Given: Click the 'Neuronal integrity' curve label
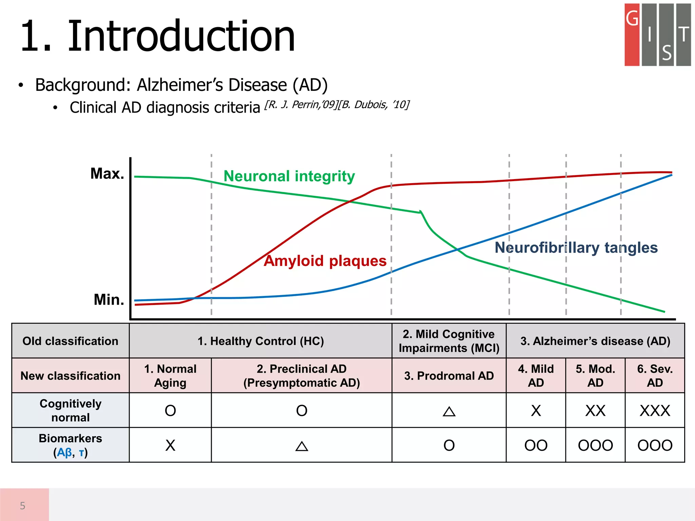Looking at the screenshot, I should (289, 176).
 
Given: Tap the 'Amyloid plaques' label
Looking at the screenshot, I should (325, 261).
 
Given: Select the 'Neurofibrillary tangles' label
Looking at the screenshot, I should (576, 248).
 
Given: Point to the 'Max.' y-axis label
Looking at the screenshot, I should (107, 174).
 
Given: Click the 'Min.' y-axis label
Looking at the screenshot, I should (109, 300).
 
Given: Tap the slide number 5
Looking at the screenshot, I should (23, 506).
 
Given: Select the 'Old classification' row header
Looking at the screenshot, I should (70, 341).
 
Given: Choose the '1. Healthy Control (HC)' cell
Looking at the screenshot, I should (261, 341).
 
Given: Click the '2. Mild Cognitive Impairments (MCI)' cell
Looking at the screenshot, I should (449, 341).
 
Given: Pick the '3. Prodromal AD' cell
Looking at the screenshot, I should (449, 376).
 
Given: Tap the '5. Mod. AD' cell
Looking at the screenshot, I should (595, 376).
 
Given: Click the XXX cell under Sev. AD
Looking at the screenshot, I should (655, 411).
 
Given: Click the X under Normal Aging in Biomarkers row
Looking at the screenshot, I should (170, 445).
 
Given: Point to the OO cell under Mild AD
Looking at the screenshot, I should (536, 445).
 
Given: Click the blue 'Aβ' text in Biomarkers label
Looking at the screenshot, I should (64, 452).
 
